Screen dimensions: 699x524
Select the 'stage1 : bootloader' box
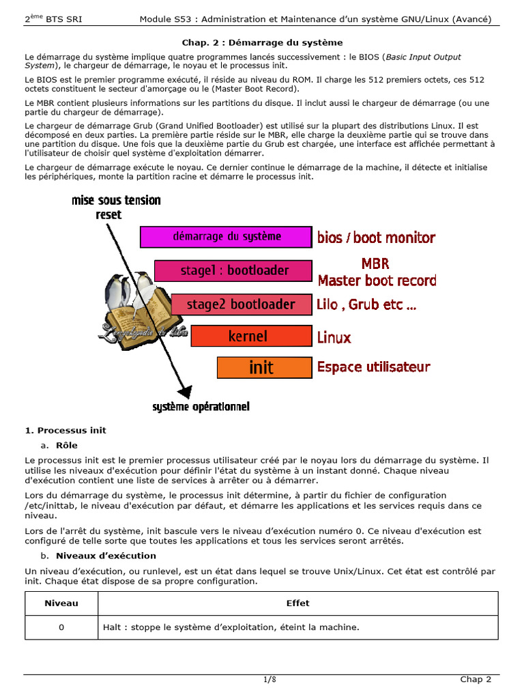pyautogui.click(x=233, y=270)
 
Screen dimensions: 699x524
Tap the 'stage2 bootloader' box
pyautogui.click(x=241, y=304)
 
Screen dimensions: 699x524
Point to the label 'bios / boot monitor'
pyautogui.click(x=376, y=238)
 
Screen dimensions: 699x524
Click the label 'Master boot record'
pyautogui.click(x=377, y=280)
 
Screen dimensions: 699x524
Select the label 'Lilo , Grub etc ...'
pyautogui.click(x=366, y=304)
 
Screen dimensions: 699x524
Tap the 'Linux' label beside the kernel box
pyautogui.click(x=334, y=337)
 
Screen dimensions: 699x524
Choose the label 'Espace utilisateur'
pyautogui.click(x=373, y=367)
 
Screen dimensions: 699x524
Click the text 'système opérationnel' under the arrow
pyautogui.click(x=201, y=407)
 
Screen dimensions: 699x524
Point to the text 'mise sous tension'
pyautogui.click(x=116, y=200)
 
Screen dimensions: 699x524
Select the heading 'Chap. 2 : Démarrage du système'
pyautogui.click(x=262, y=42)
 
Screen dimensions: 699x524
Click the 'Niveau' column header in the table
pyautogui.click(x=61, y=603)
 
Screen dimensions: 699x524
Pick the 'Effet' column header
pyautogui.click(x=298, y=603)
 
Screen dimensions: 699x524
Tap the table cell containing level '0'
pyautogui.click(x=61, y=627)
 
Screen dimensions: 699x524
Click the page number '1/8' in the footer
pyautogui.click(x=270, y=679)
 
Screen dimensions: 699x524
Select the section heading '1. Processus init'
pyautogui.click(x=65, y=431)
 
